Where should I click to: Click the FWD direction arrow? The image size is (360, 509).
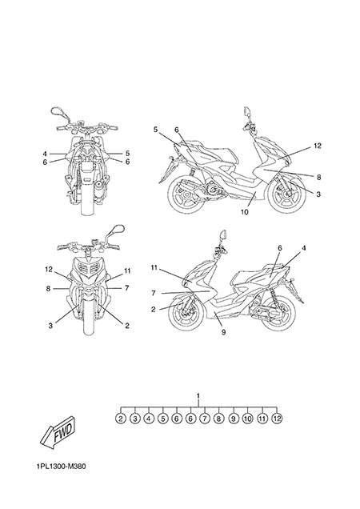click(58, 435)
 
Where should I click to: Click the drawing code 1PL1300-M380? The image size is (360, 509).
click(61, 467)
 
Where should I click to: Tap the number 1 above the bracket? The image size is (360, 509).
click(198, 395)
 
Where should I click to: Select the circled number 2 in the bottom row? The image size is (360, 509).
click(121, 419)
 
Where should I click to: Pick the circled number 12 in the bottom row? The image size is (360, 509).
click(277, 419)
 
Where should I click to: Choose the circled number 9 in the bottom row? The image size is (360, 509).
click(233, 419)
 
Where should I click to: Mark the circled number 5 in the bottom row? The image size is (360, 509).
click(162, 419)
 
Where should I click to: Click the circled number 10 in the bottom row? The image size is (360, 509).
click(248, 419)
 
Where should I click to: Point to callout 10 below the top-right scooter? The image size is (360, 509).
click(245, 212)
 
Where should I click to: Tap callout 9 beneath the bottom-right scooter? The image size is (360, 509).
click(223, 332)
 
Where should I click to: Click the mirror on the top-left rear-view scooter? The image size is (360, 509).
click(58, 112)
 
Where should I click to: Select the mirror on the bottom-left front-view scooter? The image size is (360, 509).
click(116, 230)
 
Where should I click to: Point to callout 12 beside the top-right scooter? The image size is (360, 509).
click(318, 146)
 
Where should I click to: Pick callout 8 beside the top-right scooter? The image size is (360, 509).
click(318, 177)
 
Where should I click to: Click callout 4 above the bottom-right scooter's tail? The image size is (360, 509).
click(303, 248)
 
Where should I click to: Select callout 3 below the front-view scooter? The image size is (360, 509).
click(50, 325)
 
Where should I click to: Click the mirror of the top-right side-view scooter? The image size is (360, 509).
click(247, 112)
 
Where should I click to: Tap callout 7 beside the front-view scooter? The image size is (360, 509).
click(127, 288)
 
